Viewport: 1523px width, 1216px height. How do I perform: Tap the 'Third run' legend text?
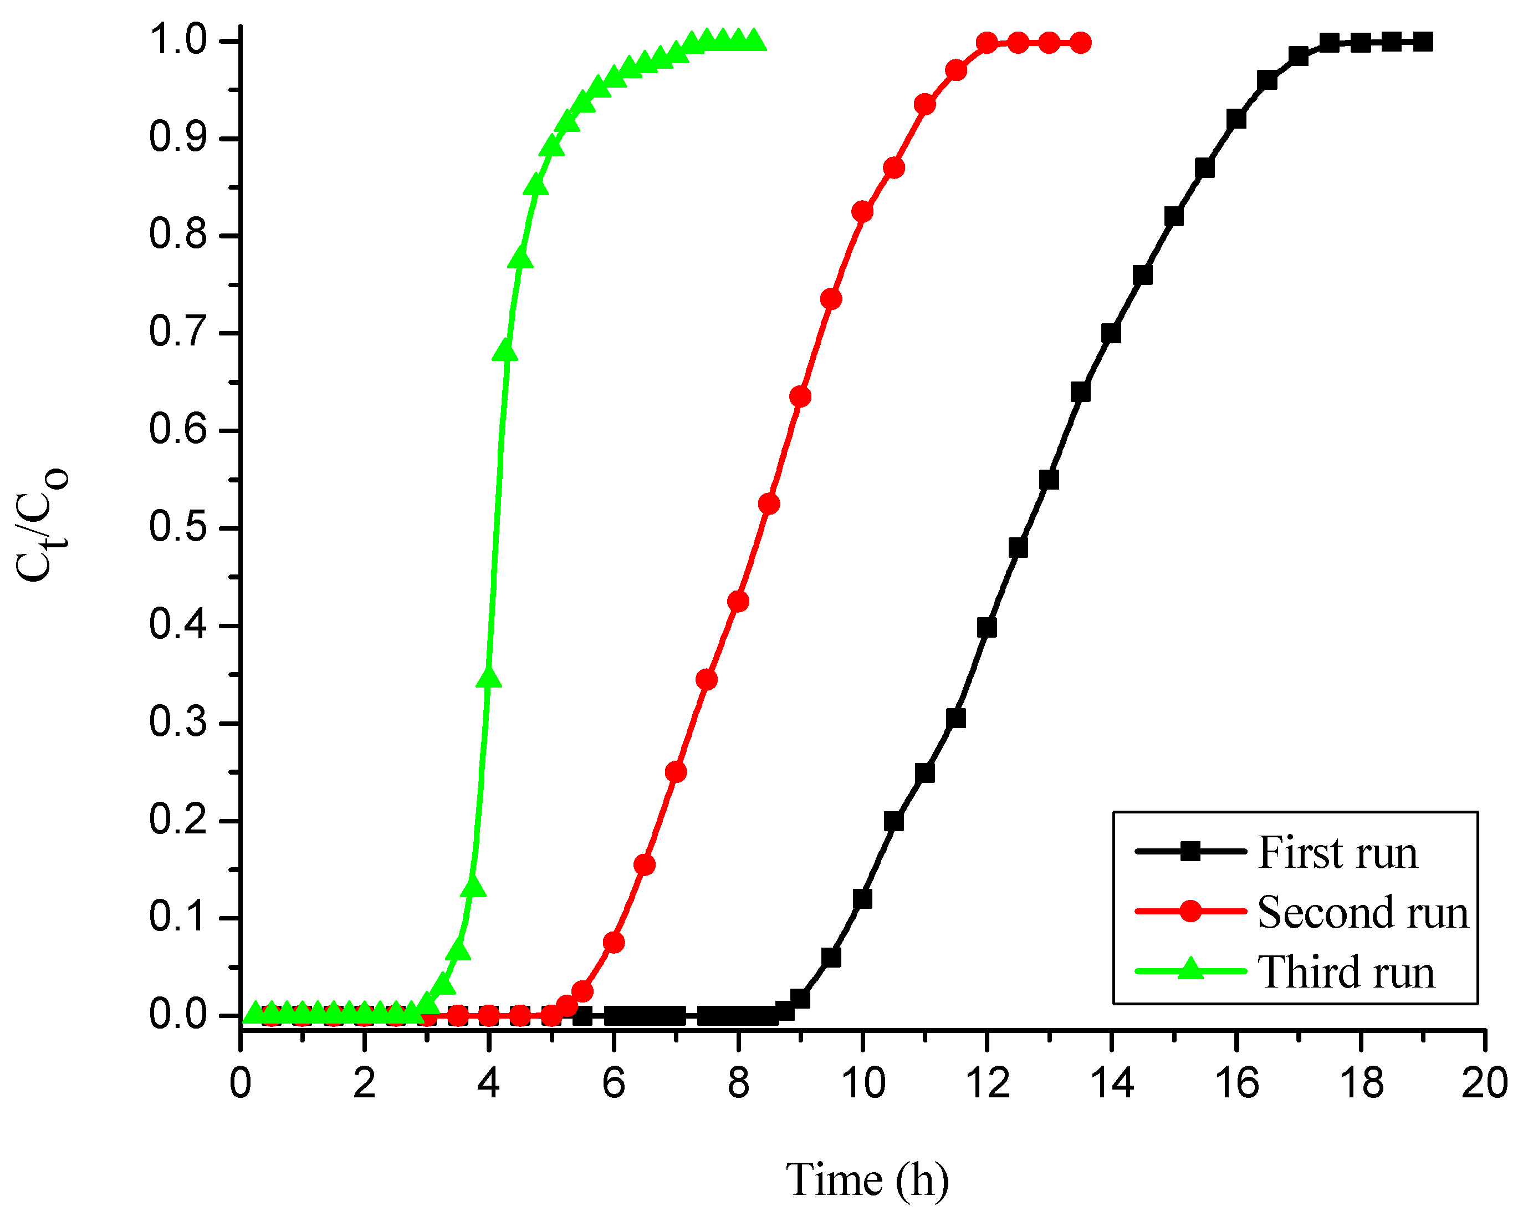[x=1346, y=972]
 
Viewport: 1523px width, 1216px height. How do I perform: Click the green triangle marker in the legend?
[x=1191, y=969]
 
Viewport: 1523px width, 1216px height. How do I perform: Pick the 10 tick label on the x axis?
[x=862, y=1083]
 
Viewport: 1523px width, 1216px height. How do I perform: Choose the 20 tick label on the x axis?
[x=1484, y=1083]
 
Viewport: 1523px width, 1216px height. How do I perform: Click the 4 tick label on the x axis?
[x=489, y=1083]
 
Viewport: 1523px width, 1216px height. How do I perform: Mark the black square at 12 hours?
[x=987, y=628]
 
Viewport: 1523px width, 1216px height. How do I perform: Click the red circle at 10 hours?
[x=862, y=211]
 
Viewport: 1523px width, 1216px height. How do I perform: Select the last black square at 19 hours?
[x=1423, y=42]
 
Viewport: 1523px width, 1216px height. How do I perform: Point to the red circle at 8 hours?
[x=738, y=601]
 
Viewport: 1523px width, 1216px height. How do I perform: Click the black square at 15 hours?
[x=1174, y=216]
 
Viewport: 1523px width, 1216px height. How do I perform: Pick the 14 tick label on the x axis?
[x=1112, y=1083]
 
